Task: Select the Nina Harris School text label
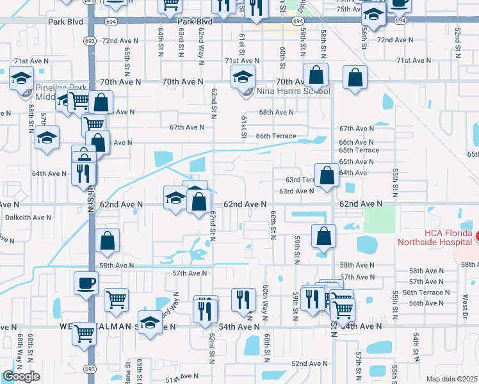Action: pos(293,92)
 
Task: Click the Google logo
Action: pos(21,376)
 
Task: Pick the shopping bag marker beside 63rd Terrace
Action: pos(327,176)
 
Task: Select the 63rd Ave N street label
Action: pos(295,191)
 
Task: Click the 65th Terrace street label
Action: pos(359,150)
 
